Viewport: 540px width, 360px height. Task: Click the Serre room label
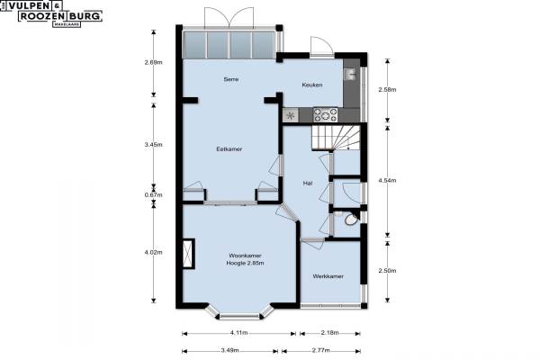click(230, 79)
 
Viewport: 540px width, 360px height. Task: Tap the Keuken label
click(312, 85)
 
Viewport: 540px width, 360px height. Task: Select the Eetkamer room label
click(229, 149)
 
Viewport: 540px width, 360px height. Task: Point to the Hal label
click(308, 184)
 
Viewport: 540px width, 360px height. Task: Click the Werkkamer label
click(328, 276)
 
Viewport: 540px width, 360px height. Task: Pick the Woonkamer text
click(245, 256)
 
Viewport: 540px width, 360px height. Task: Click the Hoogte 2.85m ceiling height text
click(245, 263)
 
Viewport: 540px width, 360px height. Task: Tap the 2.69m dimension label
click(153, 62)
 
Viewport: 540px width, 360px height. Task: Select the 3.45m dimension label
click(153, 145)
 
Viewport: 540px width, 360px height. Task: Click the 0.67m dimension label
click(153, 195)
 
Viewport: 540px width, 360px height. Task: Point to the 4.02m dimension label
click(153, 252)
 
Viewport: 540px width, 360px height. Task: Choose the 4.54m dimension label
click(387, 180)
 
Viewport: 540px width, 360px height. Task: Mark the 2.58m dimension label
click(387, 90)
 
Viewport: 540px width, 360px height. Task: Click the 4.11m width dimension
click(238, 333)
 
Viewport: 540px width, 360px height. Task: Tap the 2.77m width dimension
click(320, 351)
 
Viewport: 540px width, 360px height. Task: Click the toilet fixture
click(352, 220)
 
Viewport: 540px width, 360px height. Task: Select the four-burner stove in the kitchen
click(326, 114)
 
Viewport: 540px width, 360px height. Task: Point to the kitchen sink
click(349, 74)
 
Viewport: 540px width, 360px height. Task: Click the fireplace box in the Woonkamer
click(188, 254)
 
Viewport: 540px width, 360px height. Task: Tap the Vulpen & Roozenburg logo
click(51, 13)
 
